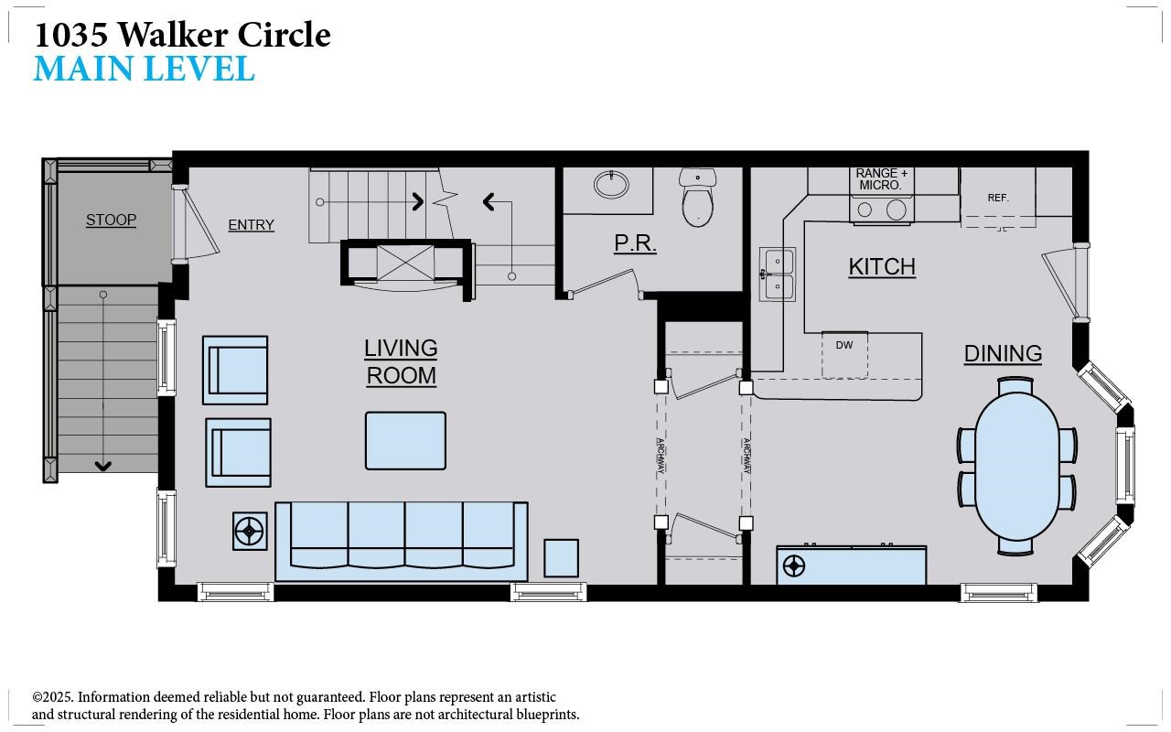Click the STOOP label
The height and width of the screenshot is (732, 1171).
click(111, 221)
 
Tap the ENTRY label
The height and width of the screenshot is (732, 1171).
click(251, 225)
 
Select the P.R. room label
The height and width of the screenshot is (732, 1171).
click(635, 243)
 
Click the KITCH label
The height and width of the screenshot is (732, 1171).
click(882, 267)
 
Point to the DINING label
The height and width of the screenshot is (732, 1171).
click(1004, 354)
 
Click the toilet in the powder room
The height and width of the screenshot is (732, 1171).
click(697, 197)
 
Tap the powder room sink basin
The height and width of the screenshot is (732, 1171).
click(611, 185)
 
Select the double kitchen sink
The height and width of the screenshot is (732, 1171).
click(778, 274)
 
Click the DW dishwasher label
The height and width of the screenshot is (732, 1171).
click(844, 345)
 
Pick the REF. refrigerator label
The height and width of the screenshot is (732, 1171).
click(998, 199)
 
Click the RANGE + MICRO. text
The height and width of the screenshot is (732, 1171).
click(881, 179)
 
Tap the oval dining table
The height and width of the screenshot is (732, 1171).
click(1016, 467)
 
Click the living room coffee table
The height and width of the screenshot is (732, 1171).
click(405, 441)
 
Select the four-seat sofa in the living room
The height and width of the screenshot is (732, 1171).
click(401, 541)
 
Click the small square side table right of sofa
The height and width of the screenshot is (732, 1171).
click(561, 558)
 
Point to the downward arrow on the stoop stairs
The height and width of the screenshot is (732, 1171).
click(103, 381)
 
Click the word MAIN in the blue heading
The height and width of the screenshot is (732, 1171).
click(83, 69)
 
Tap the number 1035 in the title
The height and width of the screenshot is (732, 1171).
click(71, 35)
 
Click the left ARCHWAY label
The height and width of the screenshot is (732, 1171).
click(661, 456)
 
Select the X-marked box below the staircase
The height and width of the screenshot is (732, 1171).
click(405, 263)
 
